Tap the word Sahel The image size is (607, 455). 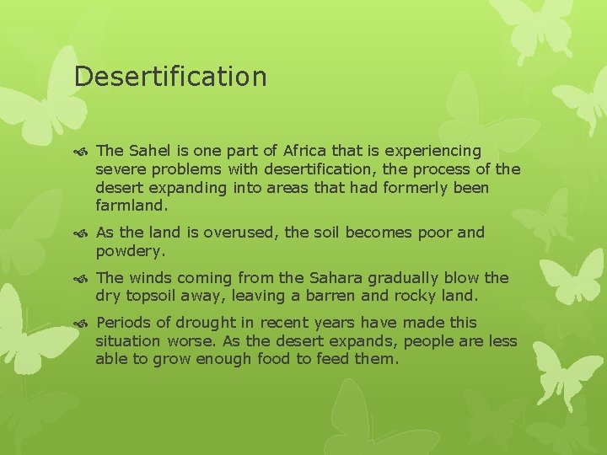[147, 151]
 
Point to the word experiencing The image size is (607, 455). [433, 151]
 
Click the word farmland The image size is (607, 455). [132, 205]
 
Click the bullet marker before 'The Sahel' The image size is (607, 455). [83, 152]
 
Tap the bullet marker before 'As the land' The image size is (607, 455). [83, 233]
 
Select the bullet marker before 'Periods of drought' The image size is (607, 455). [83, 324]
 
